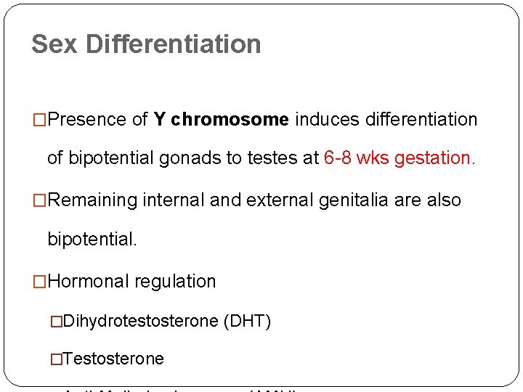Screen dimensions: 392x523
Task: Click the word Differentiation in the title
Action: tap(173, 44)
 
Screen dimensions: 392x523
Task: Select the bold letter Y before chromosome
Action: tap(161, 120)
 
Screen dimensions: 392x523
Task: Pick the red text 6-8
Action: tap(339, 158)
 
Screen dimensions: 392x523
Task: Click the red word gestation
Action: tap(435, 158)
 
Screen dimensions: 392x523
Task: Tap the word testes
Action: tap(272, 158)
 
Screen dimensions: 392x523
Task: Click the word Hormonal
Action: tap(89, 281)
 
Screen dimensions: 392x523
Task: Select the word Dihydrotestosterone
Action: tap(141, 320)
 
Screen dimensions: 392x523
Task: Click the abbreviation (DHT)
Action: tap(247, 320)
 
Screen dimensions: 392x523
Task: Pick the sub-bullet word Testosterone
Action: tap(113, 359)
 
